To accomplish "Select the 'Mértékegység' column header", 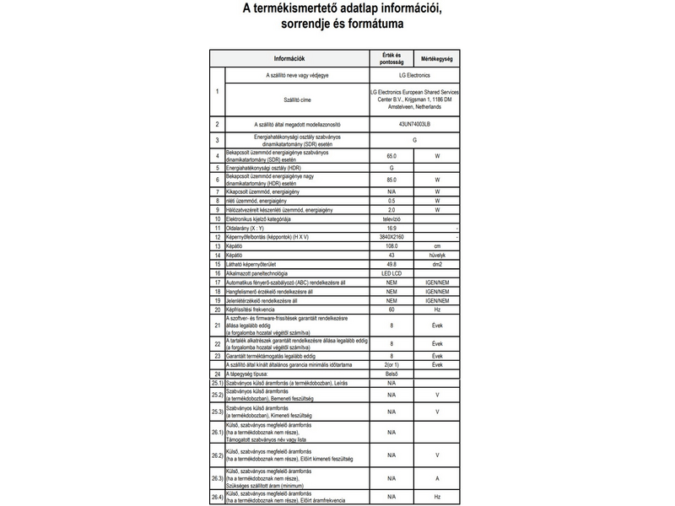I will tap(437, 58).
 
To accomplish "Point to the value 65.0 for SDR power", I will tap(391, 157).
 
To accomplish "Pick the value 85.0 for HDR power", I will tap(391, 180).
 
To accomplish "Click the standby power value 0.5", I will tap(391, 201).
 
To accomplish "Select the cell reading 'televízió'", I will tap(391, 218).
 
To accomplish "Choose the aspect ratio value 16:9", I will tap(391, 228).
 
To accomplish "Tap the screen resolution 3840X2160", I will tap(391, 237).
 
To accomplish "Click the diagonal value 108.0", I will tap(391, 246).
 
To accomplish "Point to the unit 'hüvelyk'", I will tap(437, 255).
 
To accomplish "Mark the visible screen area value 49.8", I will tap(391, 264).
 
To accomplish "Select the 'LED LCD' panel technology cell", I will tap(391, 273).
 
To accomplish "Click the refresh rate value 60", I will tap(391, 310).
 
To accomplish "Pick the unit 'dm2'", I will tap(437, 264).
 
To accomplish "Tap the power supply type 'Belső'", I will tap(391, 373).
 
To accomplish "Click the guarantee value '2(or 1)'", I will tap(391, 364).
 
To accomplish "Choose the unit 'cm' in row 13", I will tap(437, 246).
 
